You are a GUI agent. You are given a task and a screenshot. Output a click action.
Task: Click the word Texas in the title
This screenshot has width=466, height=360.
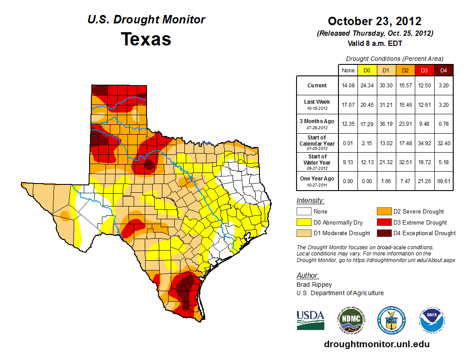coord(146,39)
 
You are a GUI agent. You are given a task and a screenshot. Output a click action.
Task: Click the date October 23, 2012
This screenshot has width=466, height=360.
coord(374,21)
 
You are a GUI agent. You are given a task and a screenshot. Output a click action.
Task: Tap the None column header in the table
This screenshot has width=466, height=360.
coord(348,70)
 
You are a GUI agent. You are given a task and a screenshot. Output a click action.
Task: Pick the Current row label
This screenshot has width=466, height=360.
coord(317,86)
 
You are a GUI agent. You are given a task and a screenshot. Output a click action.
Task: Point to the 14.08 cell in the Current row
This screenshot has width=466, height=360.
coord(348,86)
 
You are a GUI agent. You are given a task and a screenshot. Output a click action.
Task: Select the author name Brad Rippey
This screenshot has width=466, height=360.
coord(314,285)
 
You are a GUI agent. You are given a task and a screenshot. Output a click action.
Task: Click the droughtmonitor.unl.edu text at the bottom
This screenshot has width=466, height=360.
coord(376,344)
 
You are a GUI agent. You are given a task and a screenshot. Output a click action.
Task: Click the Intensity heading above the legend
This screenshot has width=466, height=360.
coord(310,201)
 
